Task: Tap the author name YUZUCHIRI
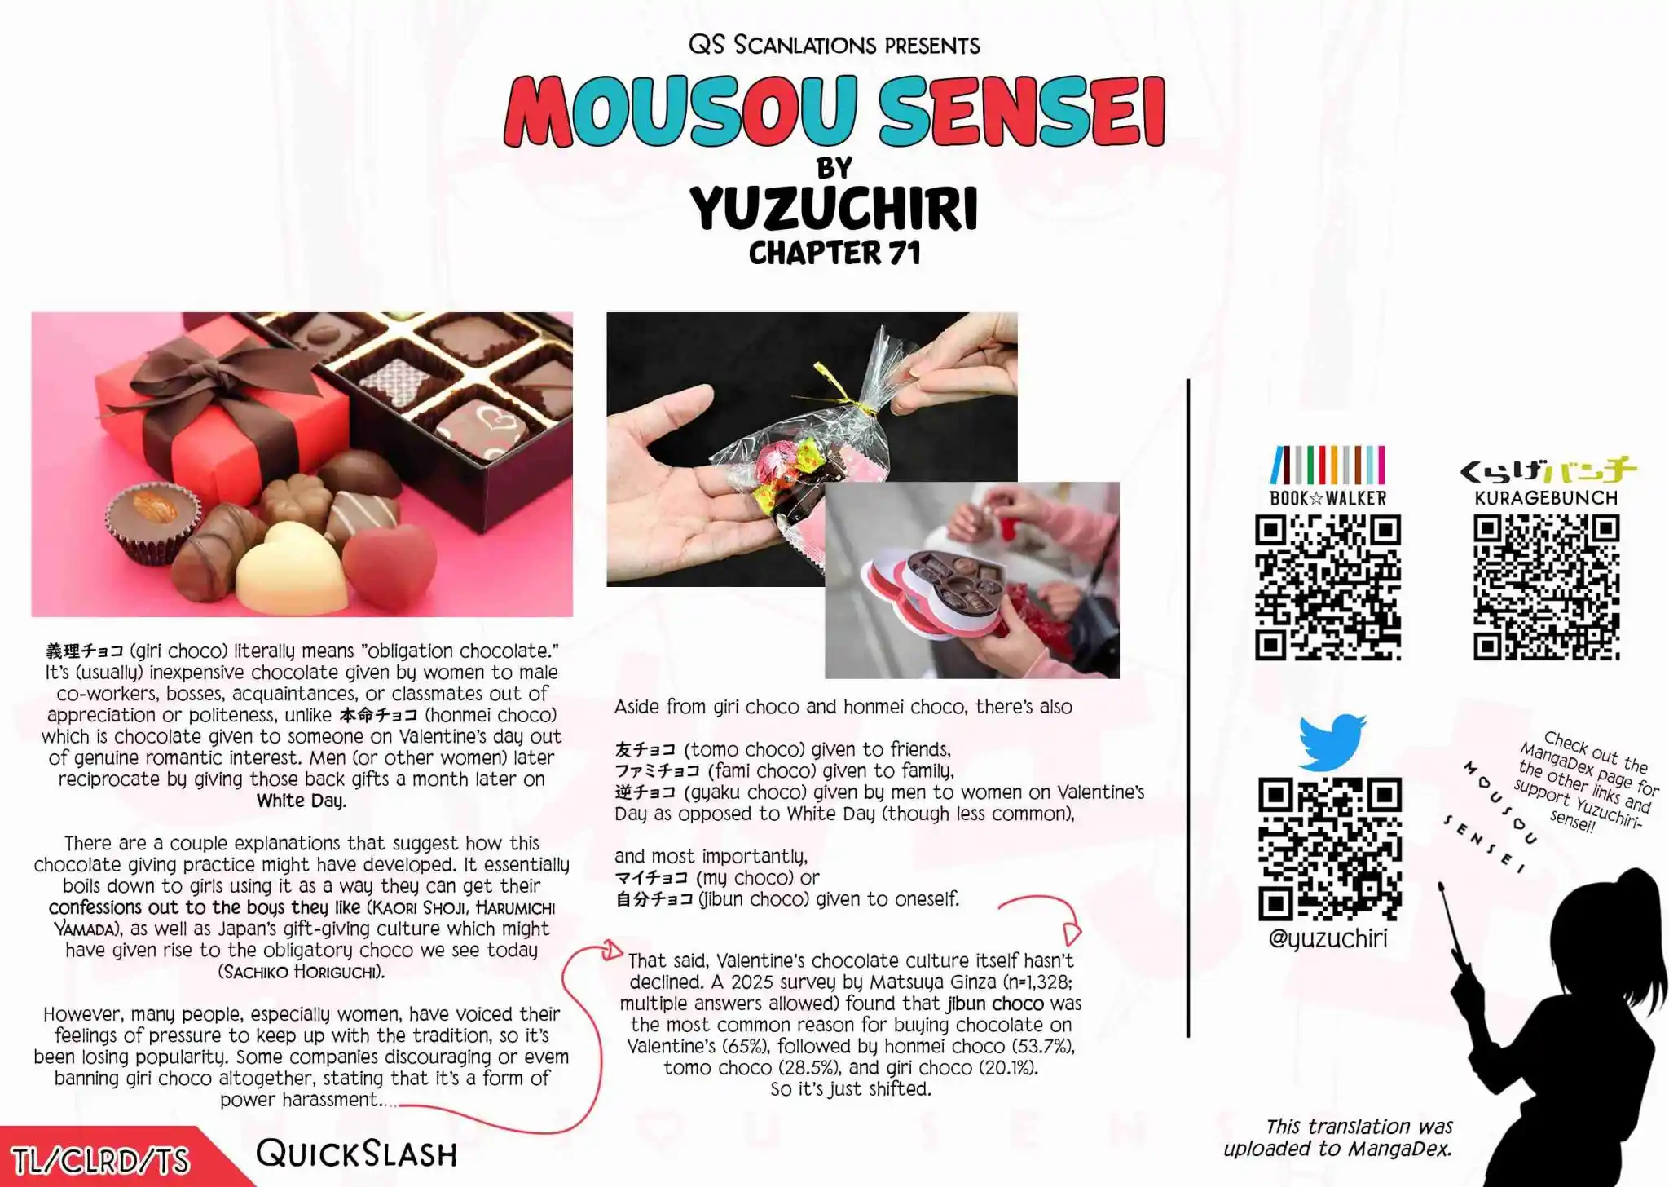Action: click(834, 209)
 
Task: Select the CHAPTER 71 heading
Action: click(834, 254)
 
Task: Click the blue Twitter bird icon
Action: click(1332, 742)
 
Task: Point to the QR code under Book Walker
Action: click(1328, 587)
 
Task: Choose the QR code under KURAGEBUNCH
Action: click(1546, 587)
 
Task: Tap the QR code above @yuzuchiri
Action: click(1330, 849)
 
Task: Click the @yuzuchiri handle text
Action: click(1328, 938)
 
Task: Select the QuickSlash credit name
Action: click(356, 1154)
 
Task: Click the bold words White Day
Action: click(302, 801)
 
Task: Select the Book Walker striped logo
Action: click(1328, 465)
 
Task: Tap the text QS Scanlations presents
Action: click(834, 45)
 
